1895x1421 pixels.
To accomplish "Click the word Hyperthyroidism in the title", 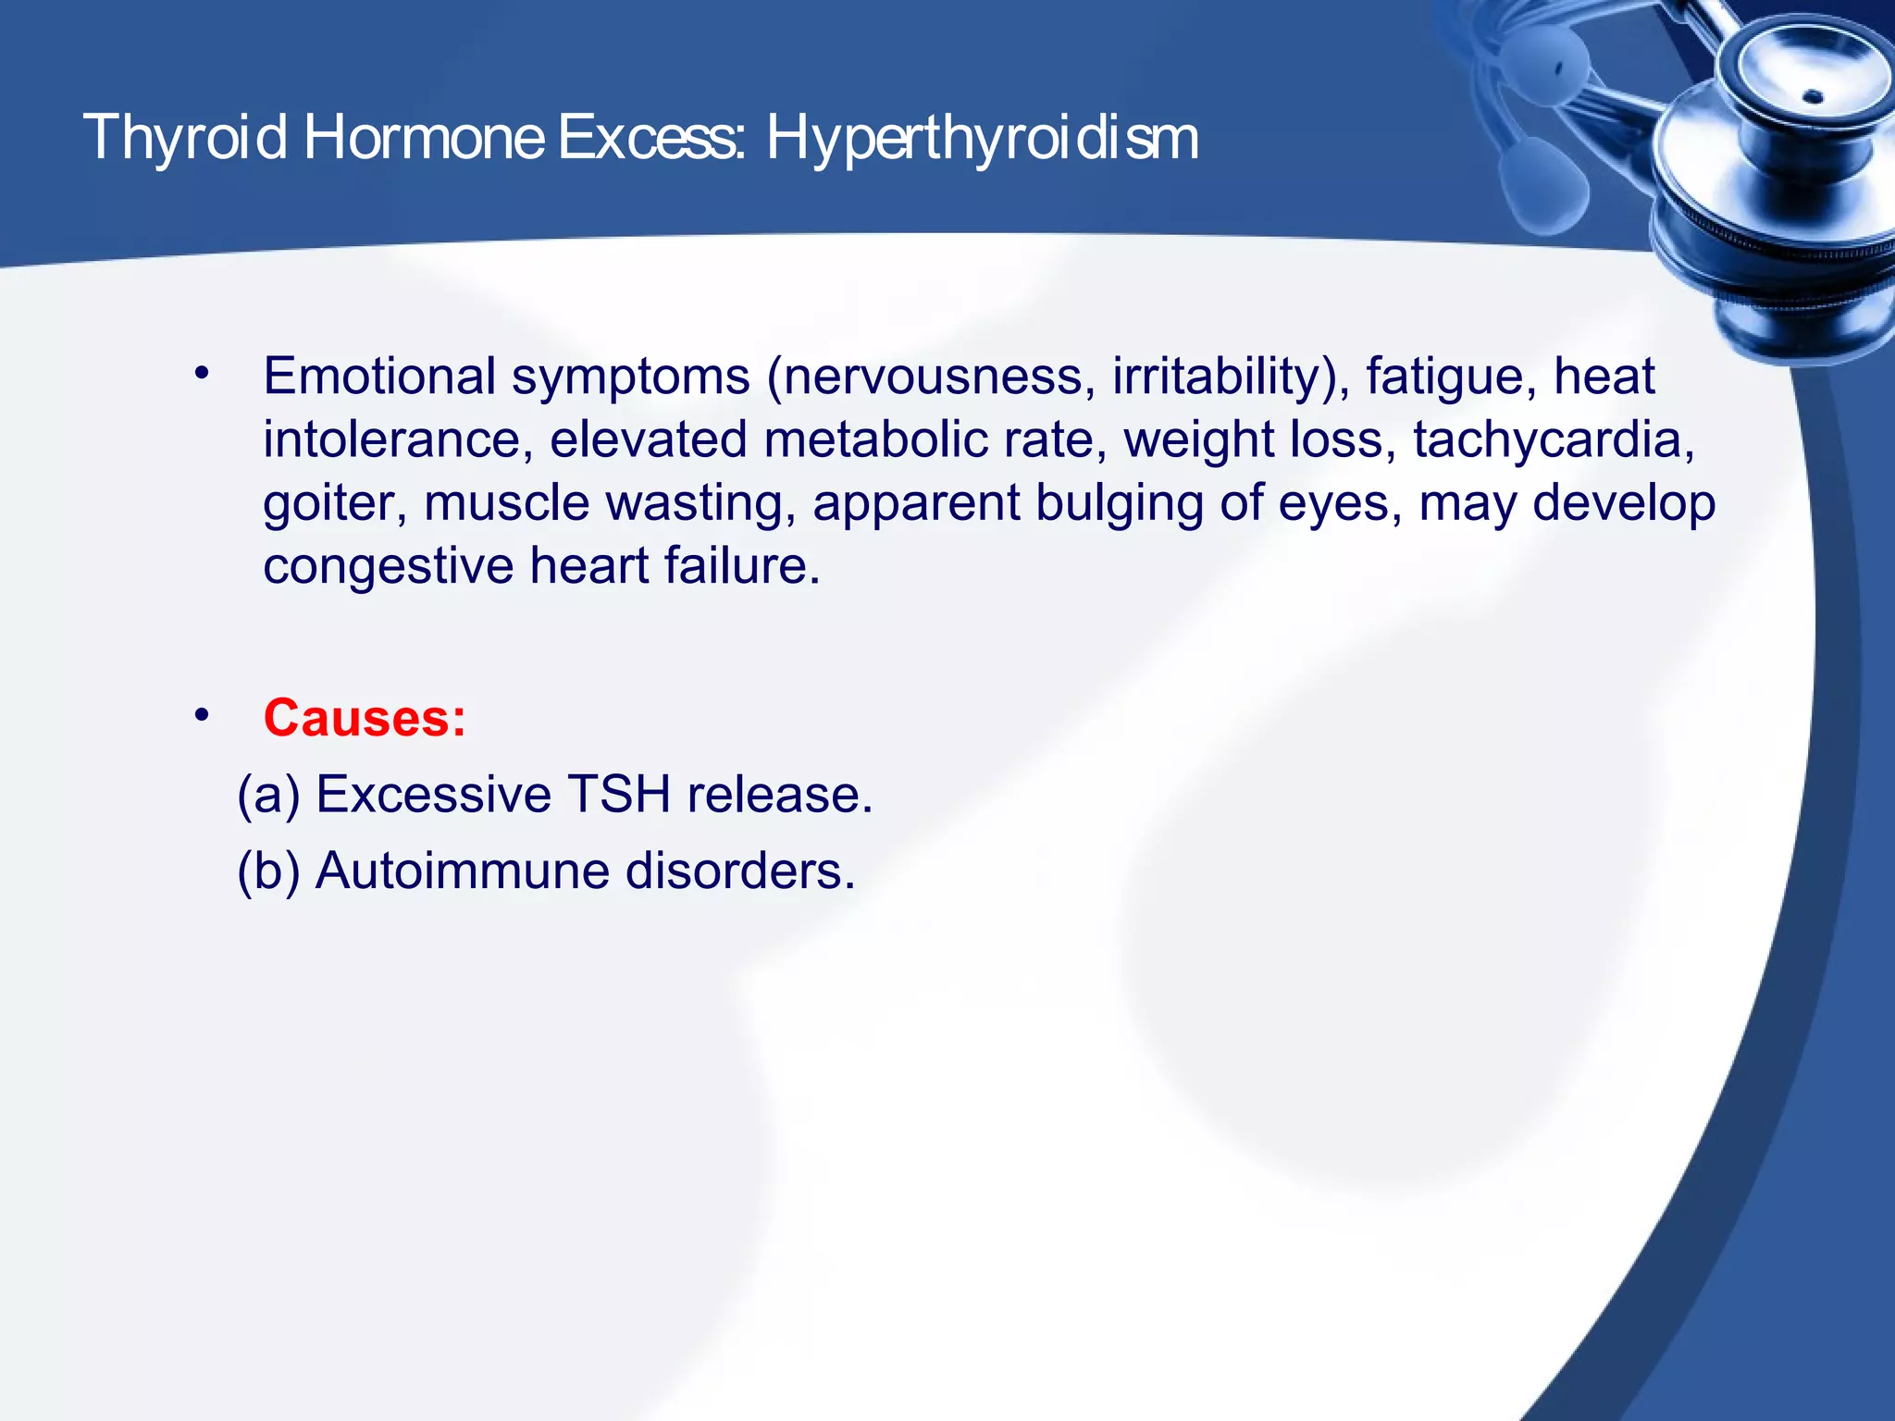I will tap(982, 139).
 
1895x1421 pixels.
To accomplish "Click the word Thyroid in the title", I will tap(185, 139).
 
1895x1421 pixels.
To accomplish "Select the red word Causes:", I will tap(365, 718).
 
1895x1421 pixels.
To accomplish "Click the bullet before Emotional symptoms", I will tap(202, 375).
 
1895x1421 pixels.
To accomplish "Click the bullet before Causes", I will tap(202, 716).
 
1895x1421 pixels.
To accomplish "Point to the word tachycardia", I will tap(1553, 439).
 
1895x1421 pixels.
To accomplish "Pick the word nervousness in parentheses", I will tap(933, 377).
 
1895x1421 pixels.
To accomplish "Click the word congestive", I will tap(388, 566).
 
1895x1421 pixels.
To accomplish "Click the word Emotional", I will tap(379, 377).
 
